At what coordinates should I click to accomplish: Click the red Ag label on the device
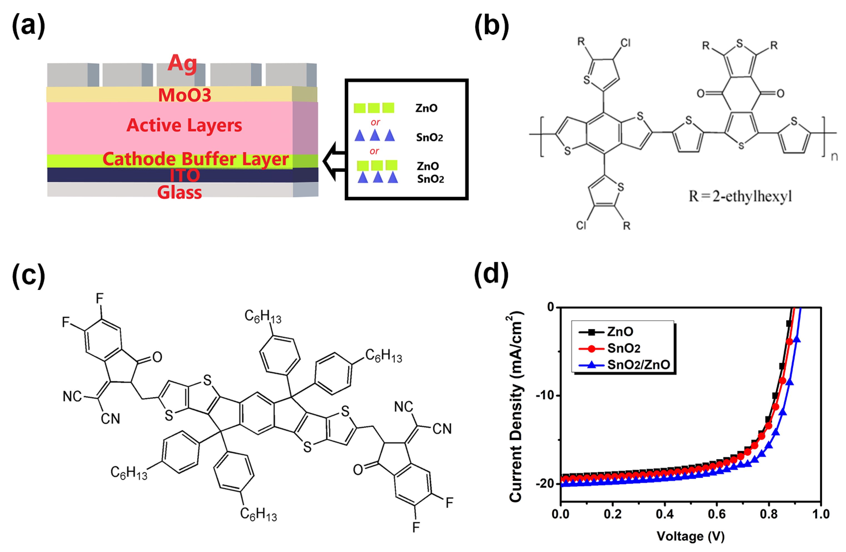(182, 63)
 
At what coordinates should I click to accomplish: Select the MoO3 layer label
(185, 95)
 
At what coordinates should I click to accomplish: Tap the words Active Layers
(184, 125)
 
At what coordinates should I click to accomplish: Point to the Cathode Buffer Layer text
(195, 159)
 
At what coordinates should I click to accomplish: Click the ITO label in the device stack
(185, 175)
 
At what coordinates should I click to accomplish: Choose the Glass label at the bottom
(180, 192)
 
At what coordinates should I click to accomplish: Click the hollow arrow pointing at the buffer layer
(334, 161)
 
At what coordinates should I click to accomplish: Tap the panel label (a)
(28, 26)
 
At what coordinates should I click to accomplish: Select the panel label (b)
(492, 26)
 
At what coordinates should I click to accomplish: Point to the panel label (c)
(28, 275)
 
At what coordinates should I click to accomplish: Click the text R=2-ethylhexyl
(740, 196)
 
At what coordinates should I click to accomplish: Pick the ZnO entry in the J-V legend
(620, 332)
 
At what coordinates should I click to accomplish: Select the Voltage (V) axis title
(691, 536)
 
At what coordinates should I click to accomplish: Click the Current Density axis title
(516, 407)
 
